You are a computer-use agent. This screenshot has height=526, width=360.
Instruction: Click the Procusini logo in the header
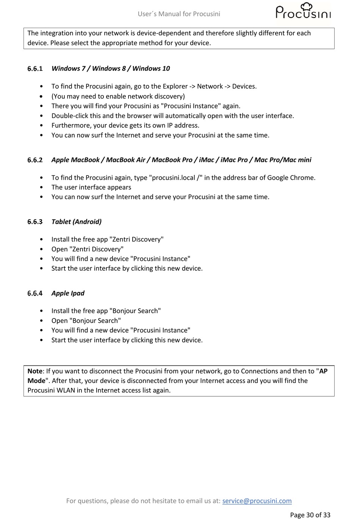pyautogui.click(x=303, y=12)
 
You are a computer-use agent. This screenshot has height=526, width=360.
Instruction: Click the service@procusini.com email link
pyautogui.click(x=257, y=501)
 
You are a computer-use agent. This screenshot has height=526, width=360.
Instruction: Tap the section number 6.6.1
pyautogui.click(x=35, y=69)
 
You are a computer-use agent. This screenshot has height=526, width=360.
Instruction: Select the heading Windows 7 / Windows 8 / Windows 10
pyautogui.click(x=111, y=69)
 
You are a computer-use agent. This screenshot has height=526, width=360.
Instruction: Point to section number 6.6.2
pyautogui.click(x=35, y=160)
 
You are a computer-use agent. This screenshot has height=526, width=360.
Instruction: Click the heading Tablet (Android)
pyautogui.click(x=77, y=222)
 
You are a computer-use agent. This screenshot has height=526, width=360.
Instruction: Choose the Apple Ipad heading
pyautogui.click(x=68, y=293)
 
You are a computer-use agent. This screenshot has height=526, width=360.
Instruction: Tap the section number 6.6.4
pyautogui.click(x=35, y=293)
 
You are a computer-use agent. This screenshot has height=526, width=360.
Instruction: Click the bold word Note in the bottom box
pyautogui.click(x=35, y=371)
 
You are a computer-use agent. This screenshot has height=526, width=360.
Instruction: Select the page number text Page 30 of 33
pyautogui.click(x=310, y=515)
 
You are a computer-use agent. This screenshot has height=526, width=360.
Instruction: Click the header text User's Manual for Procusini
pyautogui.click(x=179, y=14)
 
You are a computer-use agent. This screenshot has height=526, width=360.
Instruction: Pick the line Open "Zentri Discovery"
pyautogui.click(x=88, y=249)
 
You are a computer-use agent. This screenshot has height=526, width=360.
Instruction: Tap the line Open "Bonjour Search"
pyautogui.click(x=86, y=321)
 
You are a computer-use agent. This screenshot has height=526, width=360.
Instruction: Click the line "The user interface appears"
pyautogui.click(x=91, y=187)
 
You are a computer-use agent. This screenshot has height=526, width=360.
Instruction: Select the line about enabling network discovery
pyautogui.click(x=118, y=96)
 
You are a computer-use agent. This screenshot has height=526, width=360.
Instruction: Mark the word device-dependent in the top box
pyautogui.click(x=164, y=33)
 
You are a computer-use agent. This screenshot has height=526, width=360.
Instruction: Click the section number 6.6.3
pyautogui.click(x=35, y=222)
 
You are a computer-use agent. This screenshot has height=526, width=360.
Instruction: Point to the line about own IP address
pyautogui.click(x=125, y=126)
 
